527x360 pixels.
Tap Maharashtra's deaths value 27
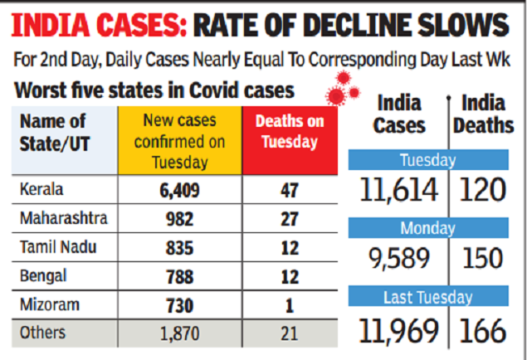[x=289, y=220]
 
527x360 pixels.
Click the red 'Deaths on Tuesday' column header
[x=289, y=132]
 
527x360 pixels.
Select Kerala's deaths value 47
[x=289, y=189]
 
